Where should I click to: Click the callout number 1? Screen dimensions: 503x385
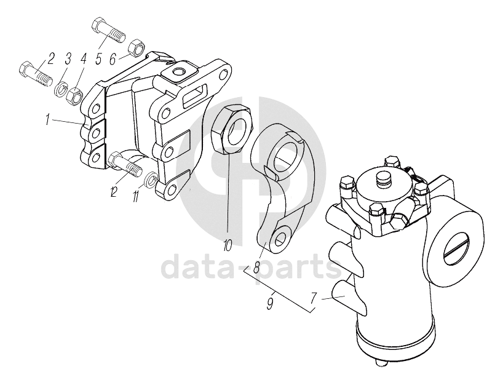tap(47, 121)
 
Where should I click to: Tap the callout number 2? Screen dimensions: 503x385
tap(50, 58)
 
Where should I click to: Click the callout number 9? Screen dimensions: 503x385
tap(271, 303)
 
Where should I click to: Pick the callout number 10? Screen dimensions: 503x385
tap(227, 246)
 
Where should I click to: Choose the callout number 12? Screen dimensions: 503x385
tap(113, 191)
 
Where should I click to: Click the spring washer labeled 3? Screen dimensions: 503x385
tap(61, 89)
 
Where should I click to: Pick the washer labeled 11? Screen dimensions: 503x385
tap(151, 179)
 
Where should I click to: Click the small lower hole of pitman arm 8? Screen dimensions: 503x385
tap(280, 237)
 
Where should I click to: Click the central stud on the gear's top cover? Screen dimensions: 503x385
tap(384, 179)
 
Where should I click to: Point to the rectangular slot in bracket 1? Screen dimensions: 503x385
tap(195, 95)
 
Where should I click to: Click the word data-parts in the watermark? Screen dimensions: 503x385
tap(251, 266)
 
